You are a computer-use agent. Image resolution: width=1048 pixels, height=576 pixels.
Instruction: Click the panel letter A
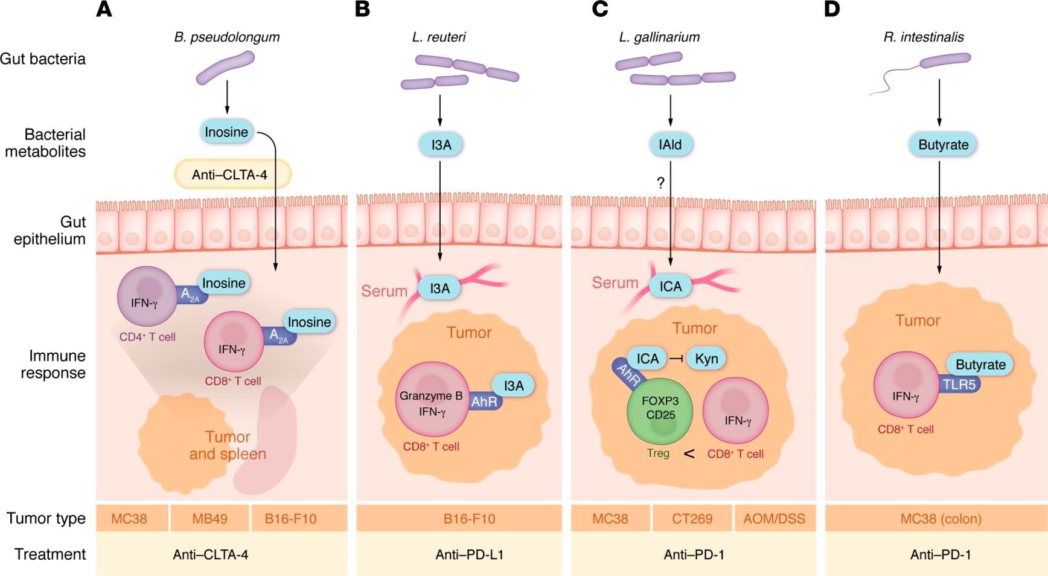[x=104, y=10]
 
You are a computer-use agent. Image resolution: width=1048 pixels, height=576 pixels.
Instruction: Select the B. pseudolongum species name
[x=226, y=37]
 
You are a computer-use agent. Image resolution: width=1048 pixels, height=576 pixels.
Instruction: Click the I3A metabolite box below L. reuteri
[x=441, y=145]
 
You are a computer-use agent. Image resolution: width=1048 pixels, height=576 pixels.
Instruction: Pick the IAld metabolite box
[x=670, y=145]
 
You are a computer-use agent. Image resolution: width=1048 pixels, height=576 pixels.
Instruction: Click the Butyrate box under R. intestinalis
[x=943, y=145]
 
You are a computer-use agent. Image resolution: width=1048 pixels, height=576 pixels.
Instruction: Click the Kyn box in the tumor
[x=706, y=359]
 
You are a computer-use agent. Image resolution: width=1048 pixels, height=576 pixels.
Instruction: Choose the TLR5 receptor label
[x=959, y=384]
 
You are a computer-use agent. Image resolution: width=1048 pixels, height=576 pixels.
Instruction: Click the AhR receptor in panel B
[x=484, y=402]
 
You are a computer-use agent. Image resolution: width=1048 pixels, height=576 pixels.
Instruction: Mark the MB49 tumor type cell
[x=209, y=519]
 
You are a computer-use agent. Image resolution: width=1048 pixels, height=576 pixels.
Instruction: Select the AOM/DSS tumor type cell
[x=774, y=519]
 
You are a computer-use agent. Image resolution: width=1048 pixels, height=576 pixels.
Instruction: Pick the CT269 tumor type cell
[x=692, y=519]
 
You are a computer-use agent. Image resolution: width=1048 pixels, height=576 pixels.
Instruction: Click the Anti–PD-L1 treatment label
[x=469, y=554]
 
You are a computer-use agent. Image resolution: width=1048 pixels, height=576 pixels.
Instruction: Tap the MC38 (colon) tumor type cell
[x=941, y=519]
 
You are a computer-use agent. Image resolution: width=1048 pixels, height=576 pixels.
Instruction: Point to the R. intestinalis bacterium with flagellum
[x=944, y=59]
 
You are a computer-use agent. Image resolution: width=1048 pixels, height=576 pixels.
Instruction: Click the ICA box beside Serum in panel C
[x=670, y=286]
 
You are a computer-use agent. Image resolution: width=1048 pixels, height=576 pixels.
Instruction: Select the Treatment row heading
[x=50, y=554]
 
